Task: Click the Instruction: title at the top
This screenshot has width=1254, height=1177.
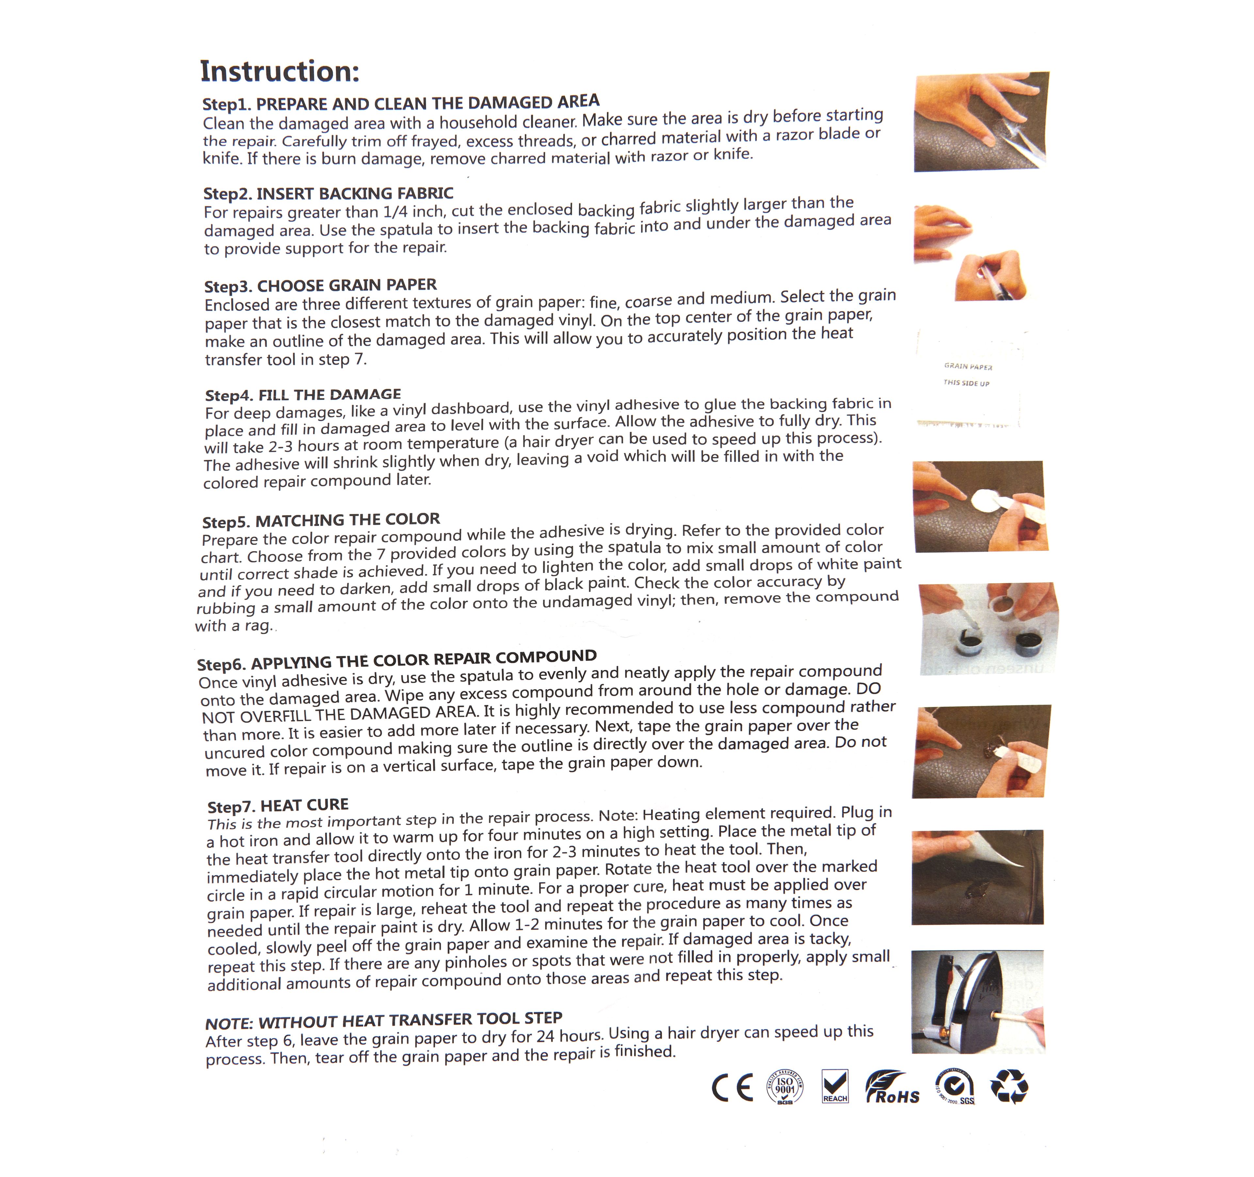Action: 280,71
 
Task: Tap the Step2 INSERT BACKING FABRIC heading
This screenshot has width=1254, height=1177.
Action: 328,193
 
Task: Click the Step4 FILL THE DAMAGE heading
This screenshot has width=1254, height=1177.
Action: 303,395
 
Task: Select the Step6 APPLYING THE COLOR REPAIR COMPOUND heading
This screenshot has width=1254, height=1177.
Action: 397,660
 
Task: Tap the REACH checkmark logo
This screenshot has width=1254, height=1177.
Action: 835,1086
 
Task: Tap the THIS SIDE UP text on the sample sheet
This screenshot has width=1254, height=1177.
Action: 966,383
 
